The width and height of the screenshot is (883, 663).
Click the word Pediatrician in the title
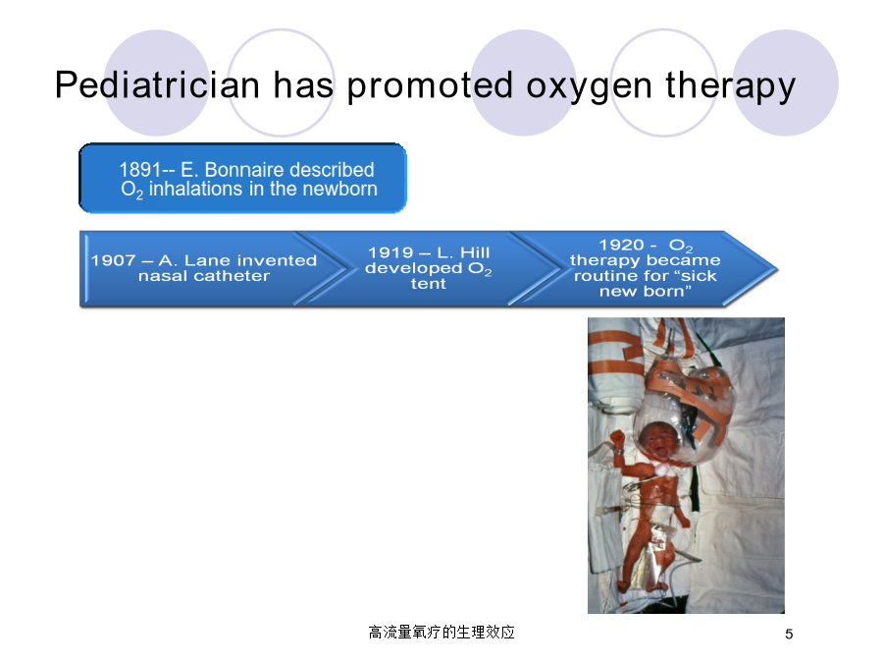pos(158,84)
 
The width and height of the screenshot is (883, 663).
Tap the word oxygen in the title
pos(589,87)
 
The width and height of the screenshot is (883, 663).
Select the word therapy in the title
pos(730,86)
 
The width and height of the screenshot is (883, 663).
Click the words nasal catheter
pos(204,276)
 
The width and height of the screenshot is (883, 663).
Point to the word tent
pos(428,284)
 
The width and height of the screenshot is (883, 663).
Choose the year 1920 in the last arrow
pos(621,245)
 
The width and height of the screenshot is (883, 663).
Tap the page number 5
pos(789,635)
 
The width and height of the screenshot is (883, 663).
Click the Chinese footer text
pos(441,632)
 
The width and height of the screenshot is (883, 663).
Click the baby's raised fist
pos(618,438)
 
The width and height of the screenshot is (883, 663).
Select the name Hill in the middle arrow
pos(475,252)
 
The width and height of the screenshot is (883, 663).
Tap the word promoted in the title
pos(430,86)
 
